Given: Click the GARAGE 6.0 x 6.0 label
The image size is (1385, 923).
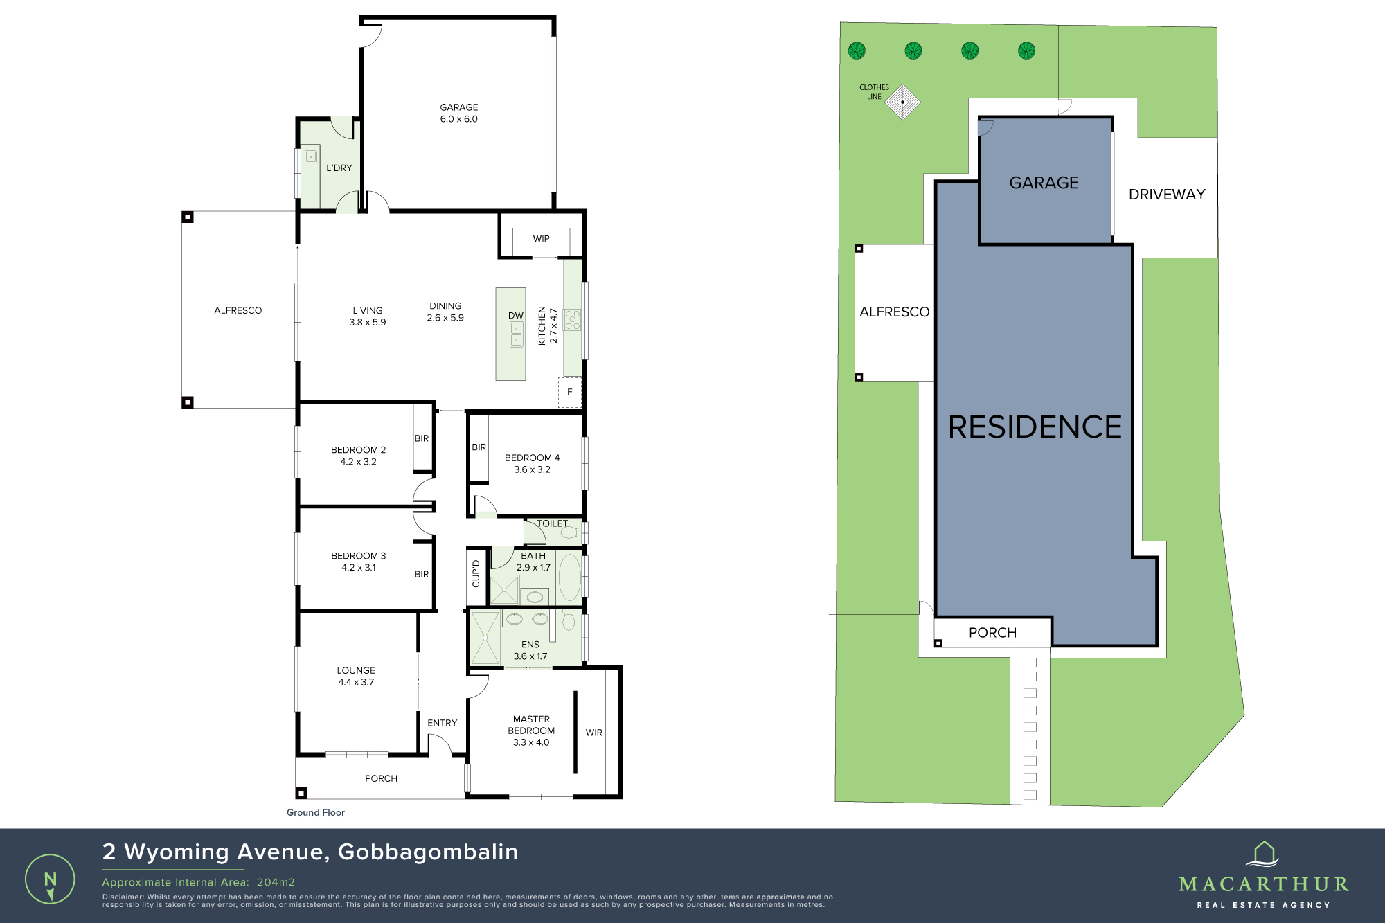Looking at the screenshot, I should click(x=458, y=113).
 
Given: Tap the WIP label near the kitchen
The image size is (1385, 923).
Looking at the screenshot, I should click(x=541, y=239).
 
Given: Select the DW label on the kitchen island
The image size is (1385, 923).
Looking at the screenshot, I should click(x=516, y=316).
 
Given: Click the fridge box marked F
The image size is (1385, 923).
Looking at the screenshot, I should click(x=570, y=392).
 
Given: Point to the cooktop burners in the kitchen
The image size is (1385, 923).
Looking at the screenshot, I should click(x=573, y=320).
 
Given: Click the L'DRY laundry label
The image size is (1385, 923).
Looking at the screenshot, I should click(x=339, y=168).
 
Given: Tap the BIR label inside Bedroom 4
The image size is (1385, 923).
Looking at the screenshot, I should click(x=479, y=447).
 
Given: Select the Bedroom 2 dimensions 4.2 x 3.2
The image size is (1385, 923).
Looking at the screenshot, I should click(x=358, y=462).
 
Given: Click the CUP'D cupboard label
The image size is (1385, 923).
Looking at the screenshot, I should click(x=476, y=573).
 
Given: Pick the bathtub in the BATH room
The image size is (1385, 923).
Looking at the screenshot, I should click(x=570, y=577).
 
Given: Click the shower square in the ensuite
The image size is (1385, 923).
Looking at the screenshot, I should click(x=485, y=638).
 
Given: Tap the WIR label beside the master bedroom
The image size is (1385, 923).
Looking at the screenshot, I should click(x=593, y=733).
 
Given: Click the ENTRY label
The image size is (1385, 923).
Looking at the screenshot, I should click(x=442, y=723).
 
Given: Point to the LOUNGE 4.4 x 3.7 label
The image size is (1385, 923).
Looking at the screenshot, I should click(x=356, y=676).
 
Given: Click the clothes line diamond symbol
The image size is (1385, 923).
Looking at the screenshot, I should click(x=902, y=102).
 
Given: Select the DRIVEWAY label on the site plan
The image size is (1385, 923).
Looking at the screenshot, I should click(x=1167, y=195).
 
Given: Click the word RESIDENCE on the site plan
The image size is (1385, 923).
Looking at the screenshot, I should click(x=1035, y=427).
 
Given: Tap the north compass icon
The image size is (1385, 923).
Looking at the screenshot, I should click(x=50, y=879).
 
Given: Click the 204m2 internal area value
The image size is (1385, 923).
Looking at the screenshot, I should click(x=276, y=882).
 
